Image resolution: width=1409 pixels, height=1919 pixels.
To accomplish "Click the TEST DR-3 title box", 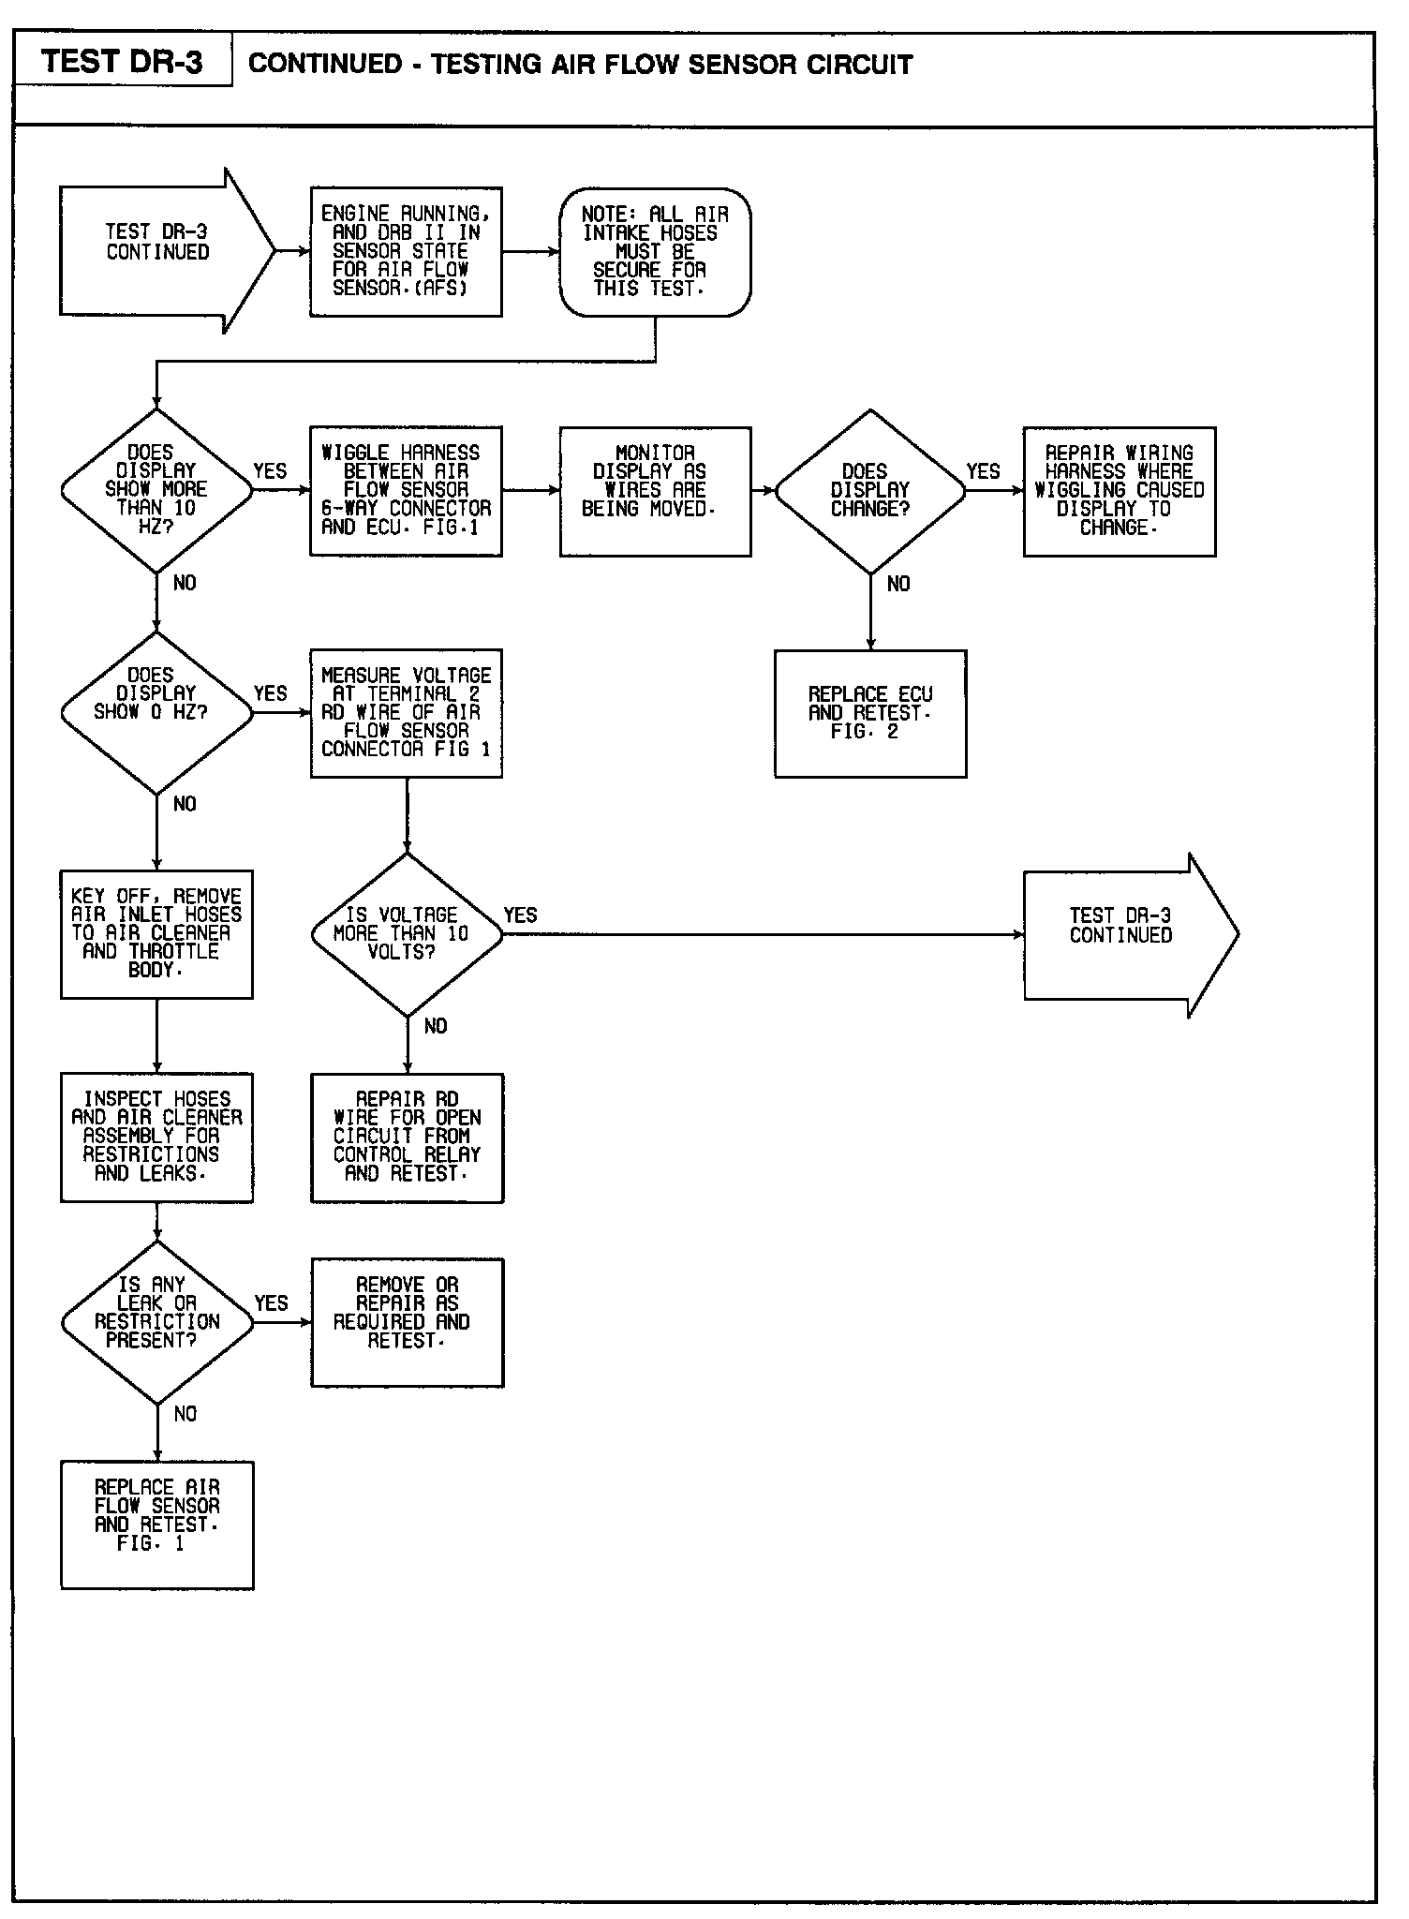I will click(x=123, y=62).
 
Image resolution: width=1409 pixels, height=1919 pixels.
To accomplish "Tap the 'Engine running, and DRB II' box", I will click(x=406, y=251).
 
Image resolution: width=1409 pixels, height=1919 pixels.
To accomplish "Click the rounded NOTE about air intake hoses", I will click(x=655, y=251).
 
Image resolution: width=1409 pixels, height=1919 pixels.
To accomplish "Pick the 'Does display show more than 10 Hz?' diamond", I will click(x=156, y=490).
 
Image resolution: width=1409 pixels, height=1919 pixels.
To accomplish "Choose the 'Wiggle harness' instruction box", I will click(x=406, y=491).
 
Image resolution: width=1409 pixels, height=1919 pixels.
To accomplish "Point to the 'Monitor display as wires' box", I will click(x=655, y=491).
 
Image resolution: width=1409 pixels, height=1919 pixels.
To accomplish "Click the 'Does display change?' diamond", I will click(x=870, y=490).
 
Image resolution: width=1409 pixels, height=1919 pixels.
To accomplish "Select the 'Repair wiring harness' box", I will click(x=1120, y=491).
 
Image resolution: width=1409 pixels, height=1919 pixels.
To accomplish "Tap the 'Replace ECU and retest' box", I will click(x=870, y=713).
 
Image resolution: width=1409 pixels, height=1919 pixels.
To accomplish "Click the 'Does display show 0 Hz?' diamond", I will click(x=156, y=712).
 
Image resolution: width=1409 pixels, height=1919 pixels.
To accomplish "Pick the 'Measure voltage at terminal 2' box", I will click(x=406, y=712).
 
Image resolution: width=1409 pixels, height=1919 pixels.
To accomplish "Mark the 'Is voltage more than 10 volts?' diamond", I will click(x=407, y=934).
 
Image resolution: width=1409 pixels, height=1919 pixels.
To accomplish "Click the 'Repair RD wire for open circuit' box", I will click(x=407, y=1137).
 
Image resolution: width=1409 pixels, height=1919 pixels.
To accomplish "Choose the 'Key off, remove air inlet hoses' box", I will click(x=156, y=933).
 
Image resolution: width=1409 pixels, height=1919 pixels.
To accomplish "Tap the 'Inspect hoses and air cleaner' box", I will click(x=156, y=1137).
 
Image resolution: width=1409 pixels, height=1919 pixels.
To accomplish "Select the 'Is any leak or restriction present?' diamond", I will click(x=156, y=1322).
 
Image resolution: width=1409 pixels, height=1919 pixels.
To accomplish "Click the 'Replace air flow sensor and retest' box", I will click(x=156, y=1525).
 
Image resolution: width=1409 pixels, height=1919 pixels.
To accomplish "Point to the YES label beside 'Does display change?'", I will click(x=983, y=471).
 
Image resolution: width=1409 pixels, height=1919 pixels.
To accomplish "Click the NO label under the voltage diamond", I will click(x=436, y=1027).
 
